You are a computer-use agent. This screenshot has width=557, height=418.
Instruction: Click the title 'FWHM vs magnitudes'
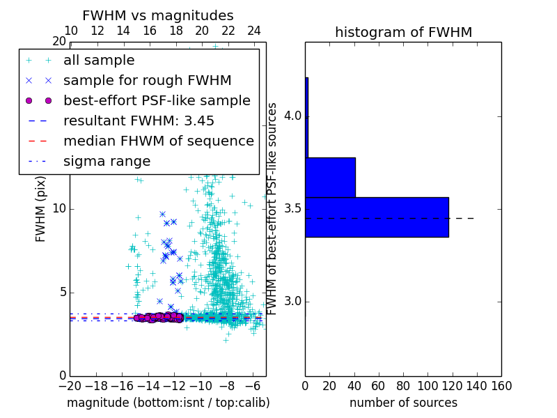coord(158,16)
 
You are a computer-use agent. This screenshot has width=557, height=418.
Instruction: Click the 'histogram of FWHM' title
coord(403,32)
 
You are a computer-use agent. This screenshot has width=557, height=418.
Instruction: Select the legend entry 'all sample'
coord(99,61)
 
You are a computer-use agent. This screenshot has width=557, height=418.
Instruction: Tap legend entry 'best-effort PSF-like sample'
coord(157,100)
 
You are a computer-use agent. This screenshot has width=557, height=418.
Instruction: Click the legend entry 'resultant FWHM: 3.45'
coord(139,121)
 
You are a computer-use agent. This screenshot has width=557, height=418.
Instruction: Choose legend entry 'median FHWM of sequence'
coord(159,141)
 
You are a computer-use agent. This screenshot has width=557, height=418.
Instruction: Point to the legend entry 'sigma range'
coord(107,161)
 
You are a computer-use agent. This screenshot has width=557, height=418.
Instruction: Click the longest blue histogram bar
coord(377,217)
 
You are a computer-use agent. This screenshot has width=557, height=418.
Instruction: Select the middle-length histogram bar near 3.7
coord(330,178)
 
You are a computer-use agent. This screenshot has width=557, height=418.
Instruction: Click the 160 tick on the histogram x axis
coord(501,385)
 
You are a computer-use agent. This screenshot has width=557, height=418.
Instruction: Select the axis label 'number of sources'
coord(403,403)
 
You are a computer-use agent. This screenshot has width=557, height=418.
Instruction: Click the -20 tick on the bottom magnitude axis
coord(70,385)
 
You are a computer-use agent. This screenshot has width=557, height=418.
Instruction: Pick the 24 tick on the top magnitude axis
coord(254,31)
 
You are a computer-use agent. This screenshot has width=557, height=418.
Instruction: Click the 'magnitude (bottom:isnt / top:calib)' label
coord(168,403)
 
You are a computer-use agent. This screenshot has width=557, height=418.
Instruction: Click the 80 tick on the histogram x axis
coord(403,385)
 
